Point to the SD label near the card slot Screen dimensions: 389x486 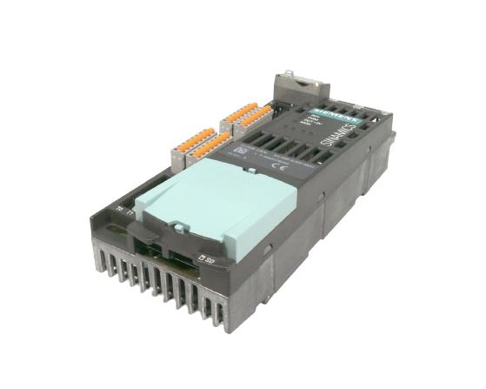(206, 258)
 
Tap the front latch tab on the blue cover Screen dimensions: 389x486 (177, 228)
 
